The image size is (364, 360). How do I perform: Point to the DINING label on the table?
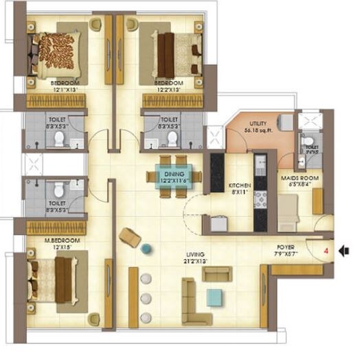(x=174, y=175)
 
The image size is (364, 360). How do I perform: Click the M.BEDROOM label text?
(x=54, y=240)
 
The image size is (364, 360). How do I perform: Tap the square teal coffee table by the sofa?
(x=215, y=296)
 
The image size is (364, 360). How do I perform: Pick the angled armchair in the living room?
(x=129, y=238)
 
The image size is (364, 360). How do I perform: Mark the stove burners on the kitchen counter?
(x=260, y=200)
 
